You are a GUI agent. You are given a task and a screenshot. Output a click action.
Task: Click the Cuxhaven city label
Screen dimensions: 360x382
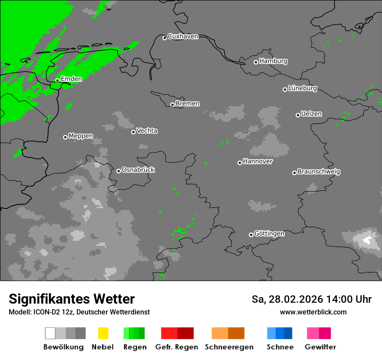tap(183, 36)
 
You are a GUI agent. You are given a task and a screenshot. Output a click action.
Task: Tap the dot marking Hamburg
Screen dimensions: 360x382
tap(256, 62)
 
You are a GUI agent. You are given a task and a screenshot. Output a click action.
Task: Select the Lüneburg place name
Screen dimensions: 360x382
tap(303, 88)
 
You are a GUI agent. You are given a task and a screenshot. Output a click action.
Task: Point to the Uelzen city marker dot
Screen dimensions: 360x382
tap(298, 115)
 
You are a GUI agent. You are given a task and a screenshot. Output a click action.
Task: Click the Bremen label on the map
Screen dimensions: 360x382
tap(188, 104)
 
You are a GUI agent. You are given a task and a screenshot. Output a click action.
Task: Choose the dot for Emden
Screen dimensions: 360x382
tap(57, 80)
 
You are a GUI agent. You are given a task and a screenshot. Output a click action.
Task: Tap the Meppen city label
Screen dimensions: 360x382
tap(81, 136)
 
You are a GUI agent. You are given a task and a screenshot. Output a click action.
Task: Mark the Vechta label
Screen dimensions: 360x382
tap(147, 131)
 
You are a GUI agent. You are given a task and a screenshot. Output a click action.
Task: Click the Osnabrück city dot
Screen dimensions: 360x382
tap(119, 171)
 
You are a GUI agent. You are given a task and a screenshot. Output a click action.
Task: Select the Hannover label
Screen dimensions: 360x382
tap(258, 161)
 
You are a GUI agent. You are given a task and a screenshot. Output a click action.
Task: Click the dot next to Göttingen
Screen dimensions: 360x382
tap(251, 235)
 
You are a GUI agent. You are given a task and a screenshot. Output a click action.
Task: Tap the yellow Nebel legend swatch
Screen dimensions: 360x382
tap(103, 333)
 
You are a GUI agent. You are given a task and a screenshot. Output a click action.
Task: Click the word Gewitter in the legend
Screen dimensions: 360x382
tap(320, 347)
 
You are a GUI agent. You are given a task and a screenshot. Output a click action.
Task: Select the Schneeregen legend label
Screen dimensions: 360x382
tap(229, 347)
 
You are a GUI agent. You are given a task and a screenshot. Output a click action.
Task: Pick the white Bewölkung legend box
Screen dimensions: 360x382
tap(50, 333)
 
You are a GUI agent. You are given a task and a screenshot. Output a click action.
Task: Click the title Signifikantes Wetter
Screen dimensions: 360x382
tap(72, 299)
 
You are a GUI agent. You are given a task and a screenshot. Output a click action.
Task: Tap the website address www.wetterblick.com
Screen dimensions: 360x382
tap(313, 312)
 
